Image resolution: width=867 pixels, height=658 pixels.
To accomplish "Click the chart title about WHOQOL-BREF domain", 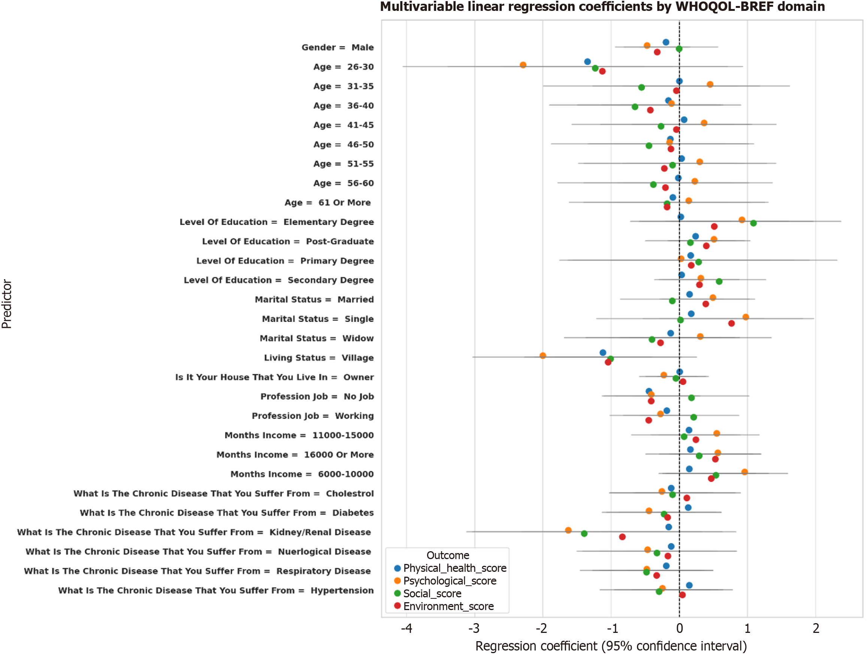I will [x=602, y=7].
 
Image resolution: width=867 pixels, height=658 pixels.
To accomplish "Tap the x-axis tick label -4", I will [x=406, y=629].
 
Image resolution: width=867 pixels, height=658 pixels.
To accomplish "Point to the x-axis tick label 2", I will [x=816, y=629].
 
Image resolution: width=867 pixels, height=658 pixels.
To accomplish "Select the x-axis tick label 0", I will [x=679, y=629].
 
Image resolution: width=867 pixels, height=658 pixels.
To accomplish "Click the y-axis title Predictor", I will [x=7, y=304].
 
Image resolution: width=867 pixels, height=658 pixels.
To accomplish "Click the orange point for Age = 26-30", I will [x=523, y=65].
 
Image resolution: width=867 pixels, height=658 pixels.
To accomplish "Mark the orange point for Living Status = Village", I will [x=543, y=356].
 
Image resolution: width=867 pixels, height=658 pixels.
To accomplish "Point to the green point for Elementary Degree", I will [x=753, y=223].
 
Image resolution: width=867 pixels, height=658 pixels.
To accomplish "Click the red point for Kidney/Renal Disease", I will [x=622, y=537].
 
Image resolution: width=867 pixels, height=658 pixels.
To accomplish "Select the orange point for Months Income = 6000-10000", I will [x=744, y=472].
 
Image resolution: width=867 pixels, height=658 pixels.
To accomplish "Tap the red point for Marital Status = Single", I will [x=731, y=323].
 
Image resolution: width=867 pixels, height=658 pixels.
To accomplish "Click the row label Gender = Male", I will [x=338, y=48].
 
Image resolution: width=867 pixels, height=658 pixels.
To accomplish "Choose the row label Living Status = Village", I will [x=318, y=358].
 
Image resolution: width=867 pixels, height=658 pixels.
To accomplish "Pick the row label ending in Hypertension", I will [x=215, y=591].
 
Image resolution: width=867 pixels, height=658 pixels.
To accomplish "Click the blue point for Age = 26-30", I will [x=587, y=61].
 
